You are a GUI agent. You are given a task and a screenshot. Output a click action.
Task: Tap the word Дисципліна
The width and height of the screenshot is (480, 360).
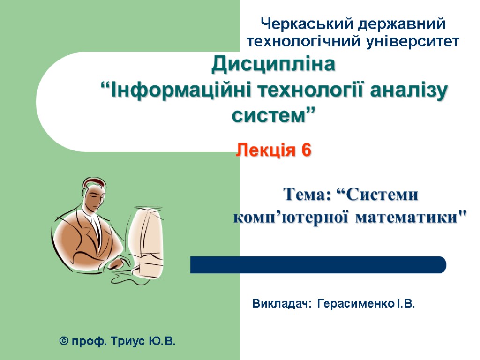[274, 65]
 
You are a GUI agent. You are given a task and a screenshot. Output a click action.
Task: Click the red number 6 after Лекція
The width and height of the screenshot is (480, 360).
[306, 150]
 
